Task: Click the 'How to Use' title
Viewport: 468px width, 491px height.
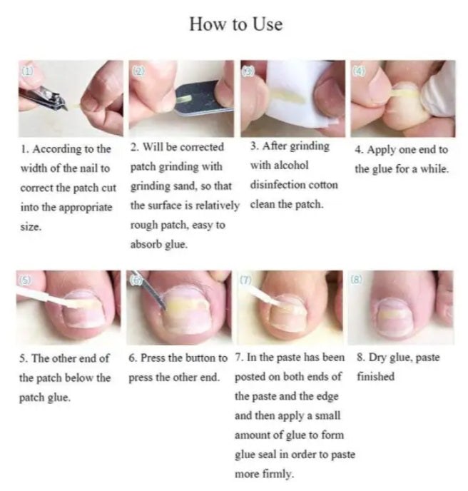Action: [235, 24]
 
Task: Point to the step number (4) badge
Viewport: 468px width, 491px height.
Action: [359, 71]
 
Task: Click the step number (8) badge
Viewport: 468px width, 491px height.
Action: [357, 280]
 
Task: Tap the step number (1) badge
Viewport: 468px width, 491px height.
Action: [26, 71]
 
